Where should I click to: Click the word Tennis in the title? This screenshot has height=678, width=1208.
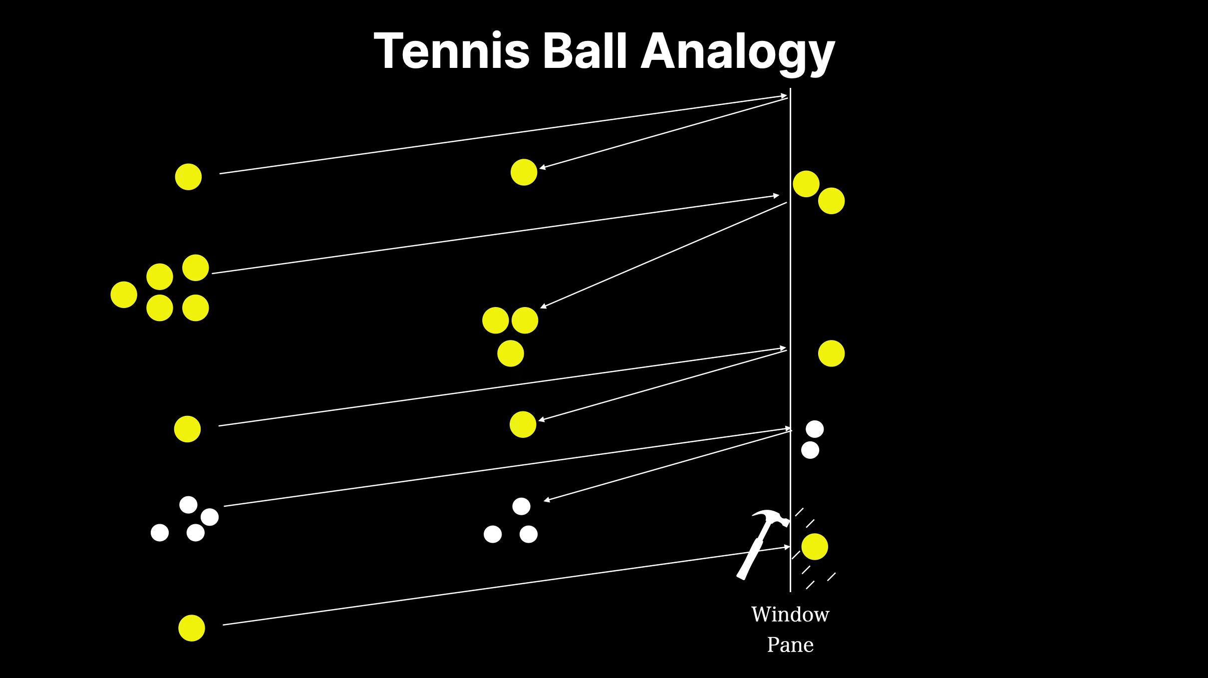(451, 51)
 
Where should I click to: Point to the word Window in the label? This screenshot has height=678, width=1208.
(790, 615)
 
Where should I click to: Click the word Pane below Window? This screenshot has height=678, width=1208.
(790, 645)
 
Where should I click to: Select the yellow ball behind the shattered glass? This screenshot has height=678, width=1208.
(814, 547)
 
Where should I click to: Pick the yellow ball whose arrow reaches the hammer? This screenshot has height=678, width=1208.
(192, 628)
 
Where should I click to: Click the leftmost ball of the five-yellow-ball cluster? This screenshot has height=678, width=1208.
(124, 295)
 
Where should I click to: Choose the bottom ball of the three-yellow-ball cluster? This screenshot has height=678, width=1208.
(511, 353)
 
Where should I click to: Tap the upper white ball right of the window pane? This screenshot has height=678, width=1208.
(815, 429)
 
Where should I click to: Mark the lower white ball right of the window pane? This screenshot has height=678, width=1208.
(810, 450)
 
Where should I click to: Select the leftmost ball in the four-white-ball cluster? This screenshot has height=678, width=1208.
(160, 533)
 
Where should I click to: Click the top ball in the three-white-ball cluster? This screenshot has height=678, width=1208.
(521, 506)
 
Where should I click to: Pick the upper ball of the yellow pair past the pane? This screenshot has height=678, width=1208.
(806, 184)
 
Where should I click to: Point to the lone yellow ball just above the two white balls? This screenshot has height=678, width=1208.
(831, 353)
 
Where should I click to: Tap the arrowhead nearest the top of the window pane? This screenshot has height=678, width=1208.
(784, 96)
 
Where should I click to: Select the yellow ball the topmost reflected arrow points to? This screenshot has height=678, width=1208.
(524, 172)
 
